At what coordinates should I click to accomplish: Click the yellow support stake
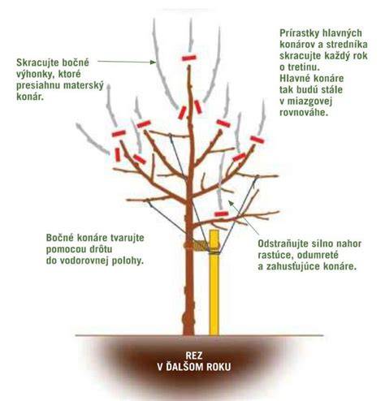[214, 282]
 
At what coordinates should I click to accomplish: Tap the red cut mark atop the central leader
[189, 58]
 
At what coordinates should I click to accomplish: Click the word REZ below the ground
[194, 355]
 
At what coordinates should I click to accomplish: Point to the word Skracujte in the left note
[34, 63]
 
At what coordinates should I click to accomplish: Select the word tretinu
[305, 67]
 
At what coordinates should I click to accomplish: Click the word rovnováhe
[304, 112]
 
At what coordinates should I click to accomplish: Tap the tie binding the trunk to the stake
[197, 246]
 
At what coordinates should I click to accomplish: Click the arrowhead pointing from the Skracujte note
[154, 63]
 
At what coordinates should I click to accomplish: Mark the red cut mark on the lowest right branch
[222, 214]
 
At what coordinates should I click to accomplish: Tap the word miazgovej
[309, 101]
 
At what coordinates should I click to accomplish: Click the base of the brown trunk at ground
[188, 334]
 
